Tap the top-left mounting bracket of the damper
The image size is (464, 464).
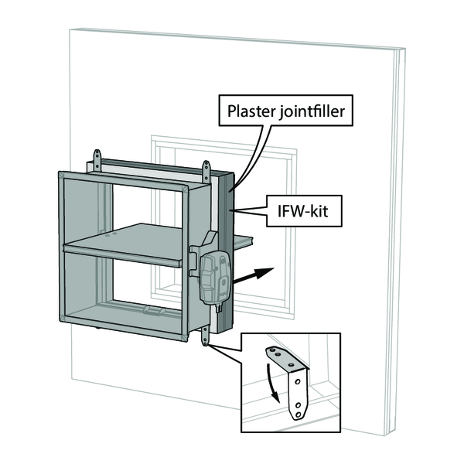[x=97, y=162]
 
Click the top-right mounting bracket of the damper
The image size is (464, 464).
[x=206, y=170]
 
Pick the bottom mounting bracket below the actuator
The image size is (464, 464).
[x=206, y=335]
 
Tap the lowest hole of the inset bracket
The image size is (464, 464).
[x=297, y=412]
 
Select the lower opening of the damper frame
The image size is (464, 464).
[x=128, y=291]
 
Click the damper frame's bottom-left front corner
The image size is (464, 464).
[x=62, y=319]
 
